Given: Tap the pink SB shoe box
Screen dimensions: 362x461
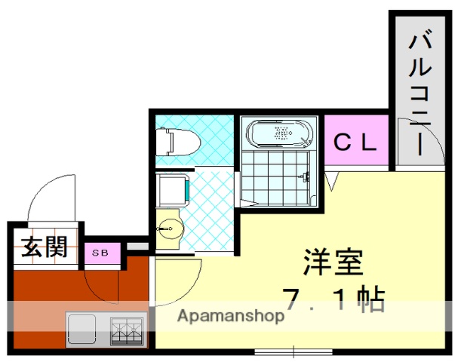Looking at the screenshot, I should pos(101,253).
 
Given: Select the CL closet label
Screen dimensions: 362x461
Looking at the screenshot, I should pos(355,142).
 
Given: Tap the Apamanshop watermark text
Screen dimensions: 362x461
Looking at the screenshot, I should pos(230,316).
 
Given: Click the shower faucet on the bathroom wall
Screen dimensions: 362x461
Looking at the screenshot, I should pos(305,177).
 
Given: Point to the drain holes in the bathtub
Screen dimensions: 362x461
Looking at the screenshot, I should pos(281,133).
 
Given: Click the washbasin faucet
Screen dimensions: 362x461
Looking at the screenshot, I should pos(161,228).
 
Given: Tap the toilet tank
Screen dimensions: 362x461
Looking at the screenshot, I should pos(160,141).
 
